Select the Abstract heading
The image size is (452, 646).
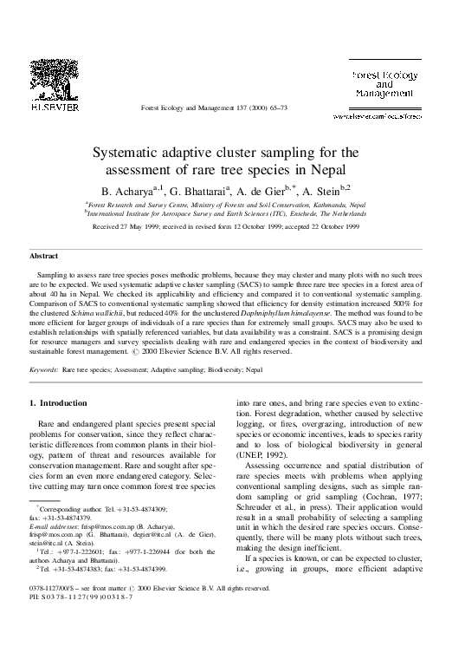(44, 256)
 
